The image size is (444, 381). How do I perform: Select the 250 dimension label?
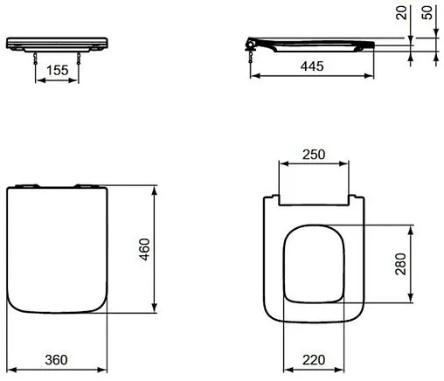coord(313,155)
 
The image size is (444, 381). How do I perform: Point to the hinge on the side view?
coord(254,43)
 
